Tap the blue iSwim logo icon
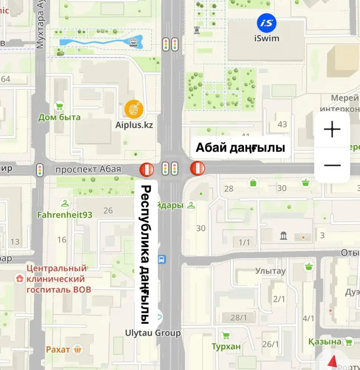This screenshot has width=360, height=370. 266,23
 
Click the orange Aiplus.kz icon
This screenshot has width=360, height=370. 133,109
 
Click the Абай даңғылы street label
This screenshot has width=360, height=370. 240,148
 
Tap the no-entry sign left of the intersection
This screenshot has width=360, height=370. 147,169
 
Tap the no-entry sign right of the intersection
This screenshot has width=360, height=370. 198,168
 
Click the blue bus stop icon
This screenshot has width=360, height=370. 162,259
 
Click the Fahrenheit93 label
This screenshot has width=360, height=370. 65,215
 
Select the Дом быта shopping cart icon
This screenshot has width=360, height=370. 58,107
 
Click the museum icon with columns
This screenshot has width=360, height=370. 284,235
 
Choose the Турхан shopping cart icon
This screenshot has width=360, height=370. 225,336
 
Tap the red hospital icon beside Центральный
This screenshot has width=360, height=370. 18,278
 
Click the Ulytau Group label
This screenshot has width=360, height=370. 153,333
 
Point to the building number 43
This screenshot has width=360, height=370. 282,124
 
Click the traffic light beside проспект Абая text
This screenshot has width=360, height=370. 40,169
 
